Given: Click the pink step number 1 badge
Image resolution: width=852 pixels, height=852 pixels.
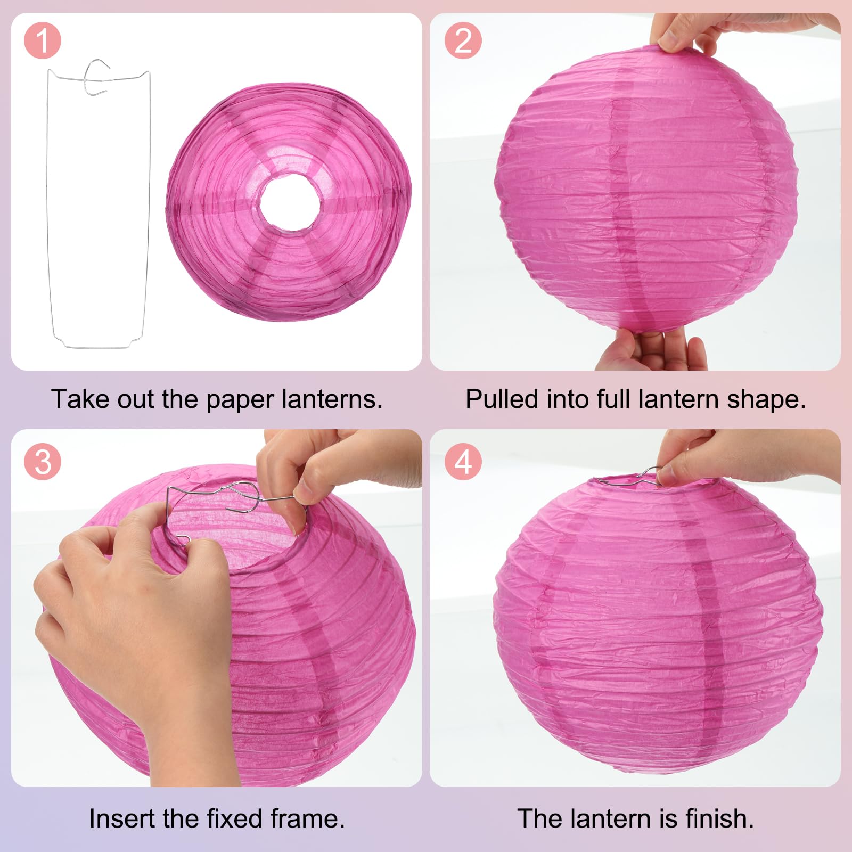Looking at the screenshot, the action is coord(43,41).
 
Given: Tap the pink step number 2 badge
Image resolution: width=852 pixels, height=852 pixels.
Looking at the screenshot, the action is coord(463,40).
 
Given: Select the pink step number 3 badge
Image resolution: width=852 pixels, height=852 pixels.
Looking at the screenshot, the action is coord(43,462).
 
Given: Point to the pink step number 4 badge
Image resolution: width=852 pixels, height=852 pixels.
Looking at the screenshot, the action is coord(463,462).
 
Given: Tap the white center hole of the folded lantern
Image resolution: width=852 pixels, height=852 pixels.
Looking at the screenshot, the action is coord(290,204).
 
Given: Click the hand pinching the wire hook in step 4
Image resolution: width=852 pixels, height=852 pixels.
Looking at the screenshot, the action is coord(745,458).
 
